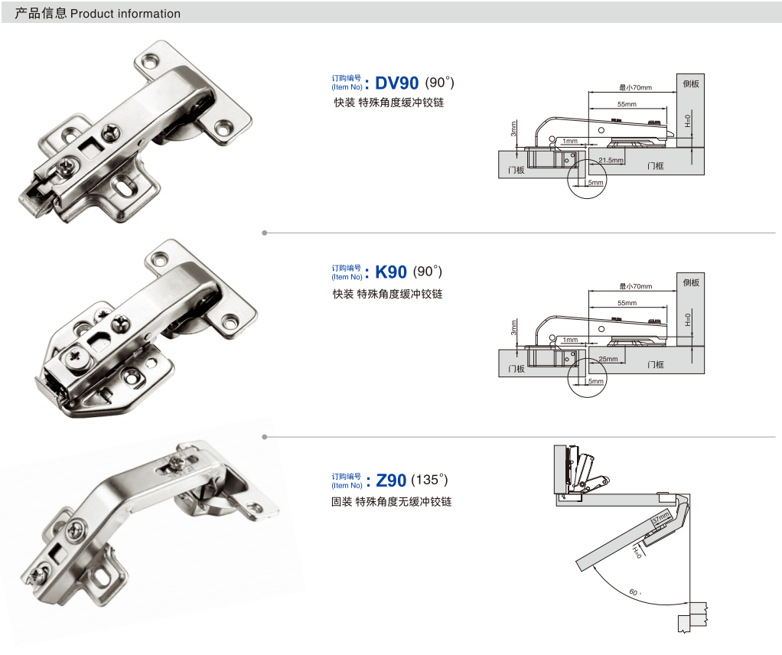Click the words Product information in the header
[x=125, y=14]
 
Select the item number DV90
[x=397, y=83]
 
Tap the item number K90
[x=391, y=272]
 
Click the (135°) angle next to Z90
[x=429, y=481]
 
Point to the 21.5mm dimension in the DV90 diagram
[x=610, y=160]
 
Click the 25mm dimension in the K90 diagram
[x=608, y=358]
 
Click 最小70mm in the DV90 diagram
[x=635, y=88]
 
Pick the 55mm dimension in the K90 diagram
[x=627, y=303]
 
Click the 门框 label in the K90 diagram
[x=655, y=365]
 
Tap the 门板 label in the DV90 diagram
[x=516, y=170]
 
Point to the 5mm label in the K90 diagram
[x=595, y=381]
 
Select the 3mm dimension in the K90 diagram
[x=514, y=327]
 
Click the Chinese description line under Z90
[x=391, y=502]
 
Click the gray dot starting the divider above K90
[x=264, y=233]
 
